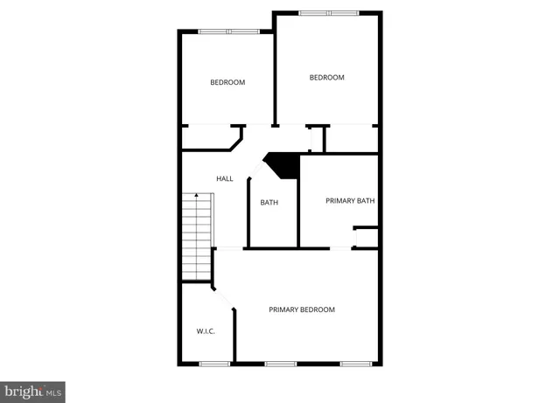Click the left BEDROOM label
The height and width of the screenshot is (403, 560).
click(x=227, y=82)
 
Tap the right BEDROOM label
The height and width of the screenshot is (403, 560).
click(x=327, y=77)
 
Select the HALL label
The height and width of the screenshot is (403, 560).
click(x=225, y=179)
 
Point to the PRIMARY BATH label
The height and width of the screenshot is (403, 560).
click(x=350, y=201)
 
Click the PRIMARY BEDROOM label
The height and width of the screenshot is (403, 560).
click(x=302, y=309)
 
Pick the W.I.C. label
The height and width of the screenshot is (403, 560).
click(x=206, y=331)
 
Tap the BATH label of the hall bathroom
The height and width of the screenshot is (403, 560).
click(x=269, y=203)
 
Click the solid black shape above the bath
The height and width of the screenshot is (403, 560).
click(x=283, y=164)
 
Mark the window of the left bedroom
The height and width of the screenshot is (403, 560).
click(x=227, y=31)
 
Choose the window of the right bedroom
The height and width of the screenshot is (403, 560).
click(x=328, y=12)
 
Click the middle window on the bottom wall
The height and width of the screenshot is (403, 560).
click(x=281, y=363)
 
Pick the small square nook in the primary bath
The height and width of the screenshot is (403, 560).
click(x=367, y=238)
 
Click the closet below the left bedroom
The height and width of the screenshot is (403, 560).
click(x=209, y=138)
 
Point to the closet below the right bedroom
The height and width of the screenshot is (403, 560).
click(x=351, y=138)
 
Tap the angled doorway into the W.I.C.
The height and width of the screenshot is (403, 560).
click(x=224, y=297)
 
